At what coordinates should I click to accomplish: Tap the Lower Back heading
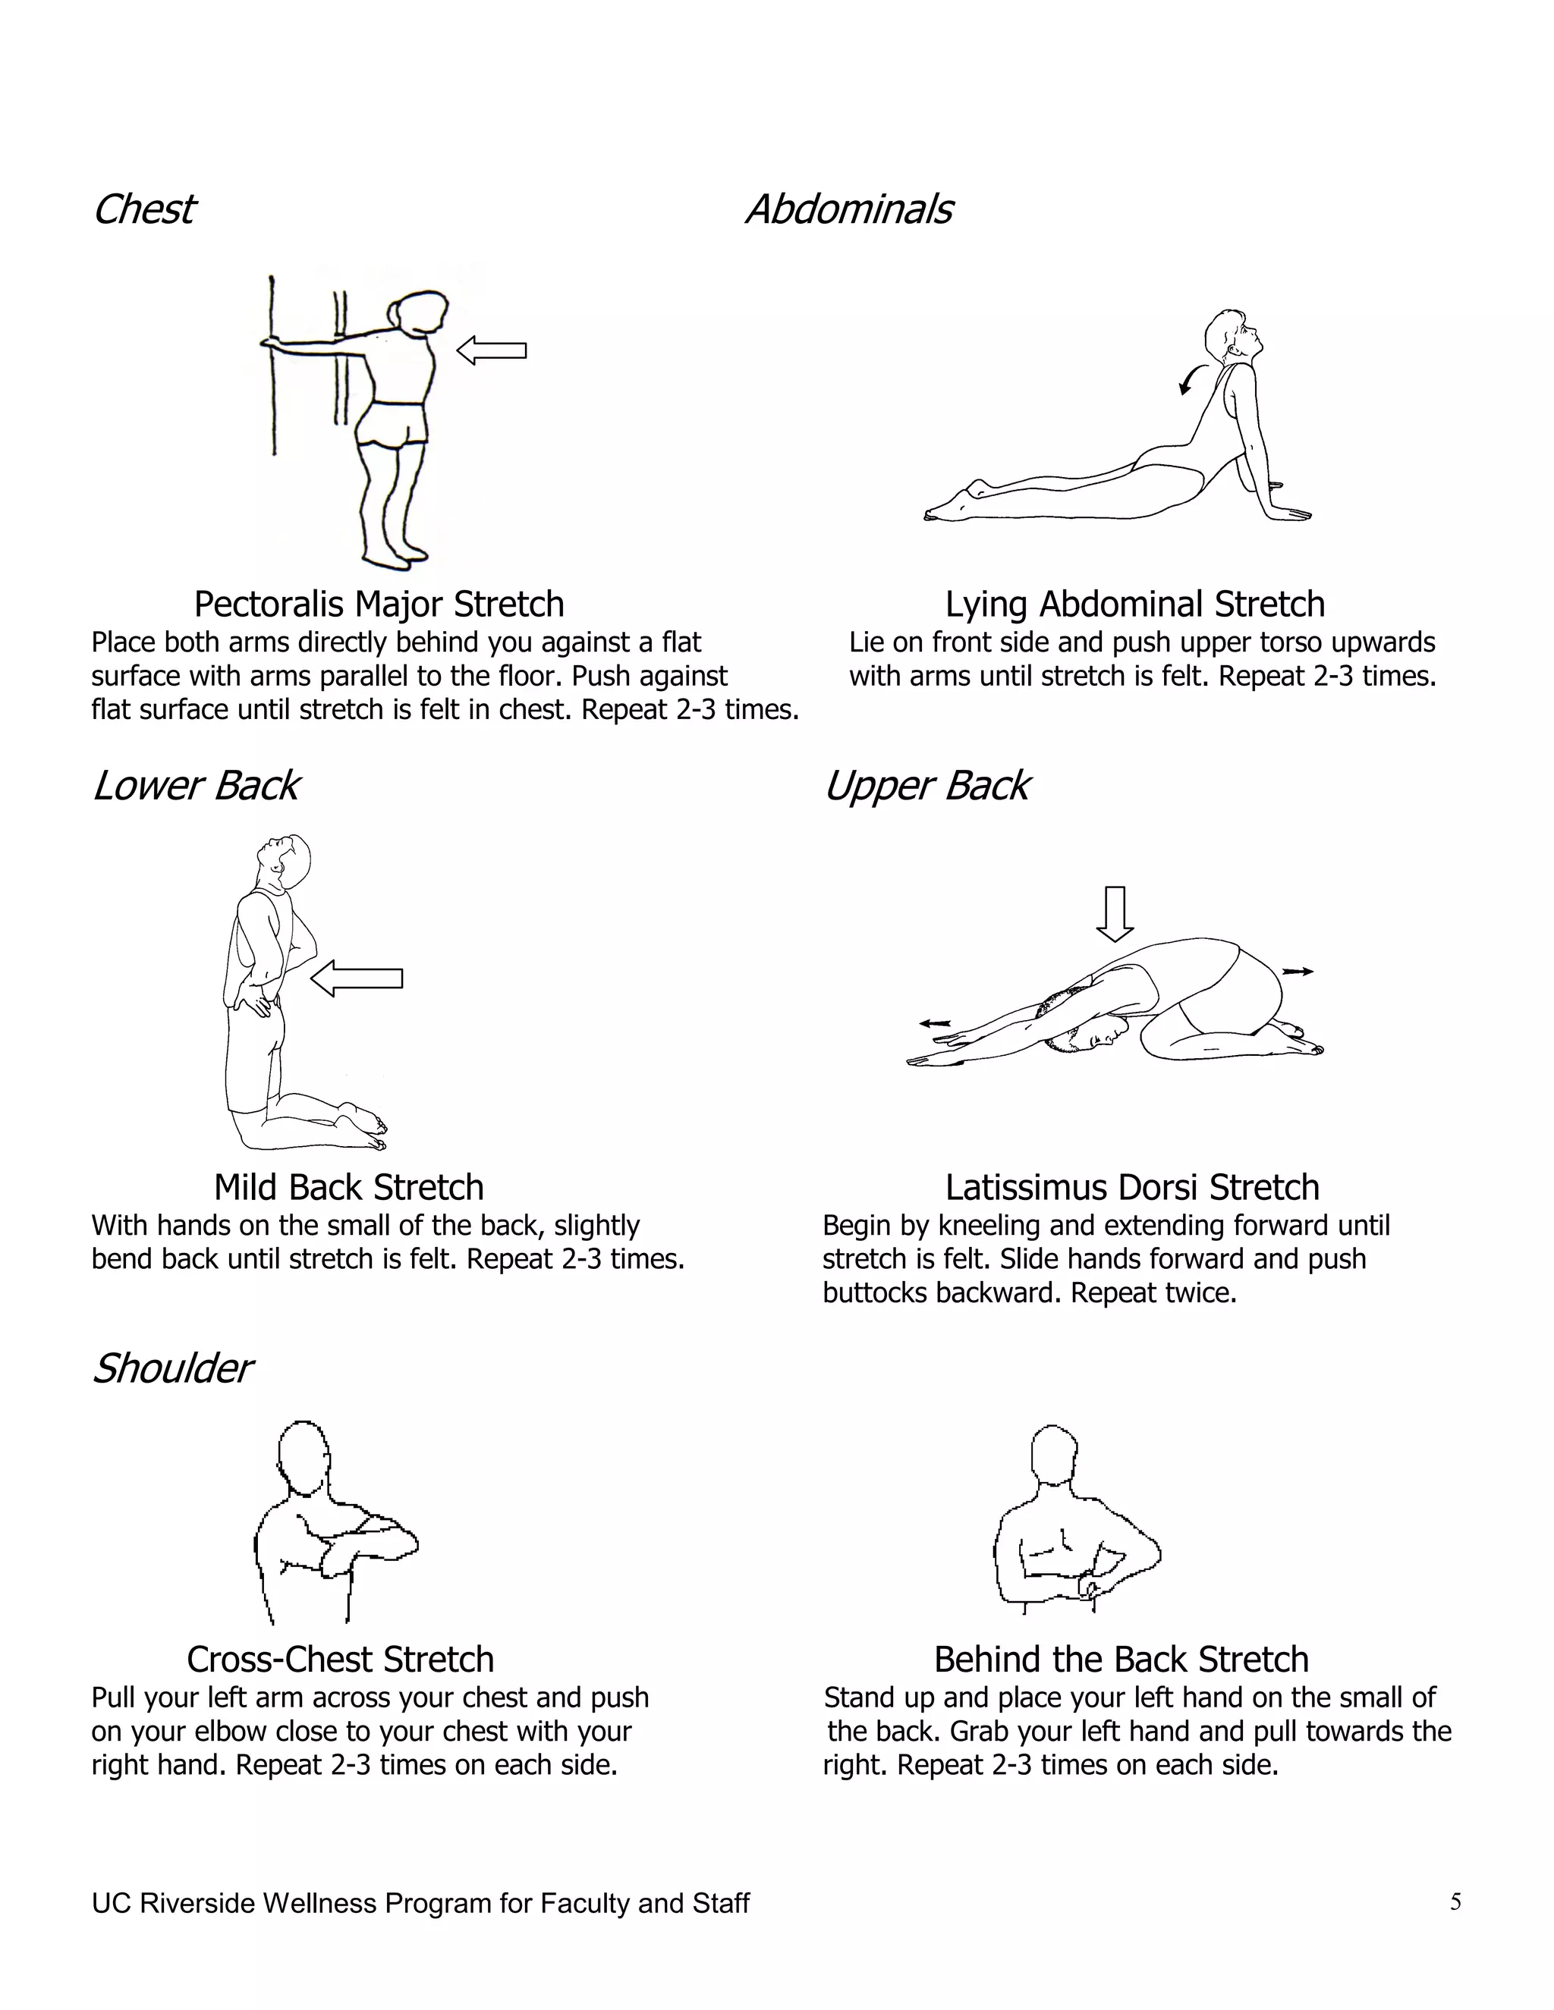click(195, 785)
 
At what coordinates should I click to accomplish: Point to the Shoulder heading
click(171, 1368)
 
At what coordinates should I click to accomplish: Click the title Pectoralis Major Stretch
click(379, 605)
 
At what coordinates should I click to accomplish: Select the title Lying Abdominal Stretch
click(1134, 605)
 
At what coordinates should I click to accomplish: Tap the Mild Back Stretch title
click(348, 1187)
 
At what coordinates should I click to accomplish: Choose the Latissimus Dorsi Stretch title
click(1131, 1187)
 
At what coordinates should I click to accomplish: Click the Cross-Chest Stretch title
click(340, 1660)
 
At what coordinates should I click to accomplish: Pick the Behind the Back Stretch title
click(1121, 1660)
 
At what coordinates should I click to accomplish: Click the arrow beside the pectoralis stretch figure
click(492, 350)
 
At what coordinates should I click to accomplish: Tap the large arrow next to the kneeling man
click(357, 978)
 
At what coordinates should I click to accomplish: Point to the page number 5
click(1455, 1902)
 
